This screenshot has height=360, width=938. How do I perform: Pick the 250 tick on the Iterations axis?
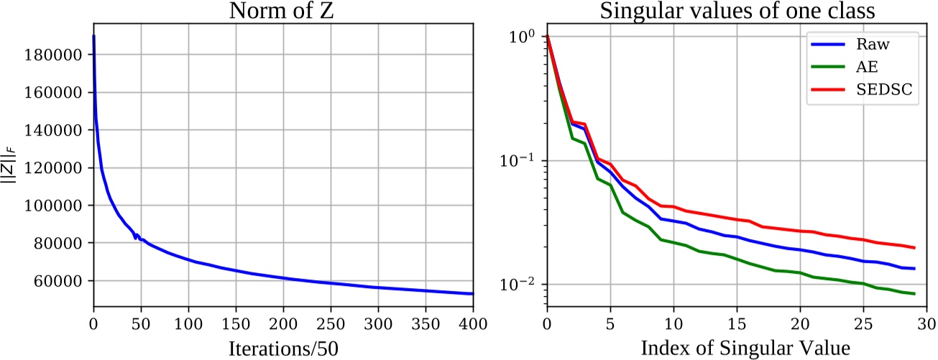(x=330, y=320)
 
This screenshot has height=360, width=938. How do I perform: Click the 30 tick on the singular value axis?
(x=926, y=320)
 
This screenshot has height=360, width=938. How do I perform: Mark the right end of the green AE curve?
(x=914, y=293)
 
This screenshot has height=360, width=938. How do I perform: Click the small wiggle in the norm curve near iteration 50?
(x=137, y=236)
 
